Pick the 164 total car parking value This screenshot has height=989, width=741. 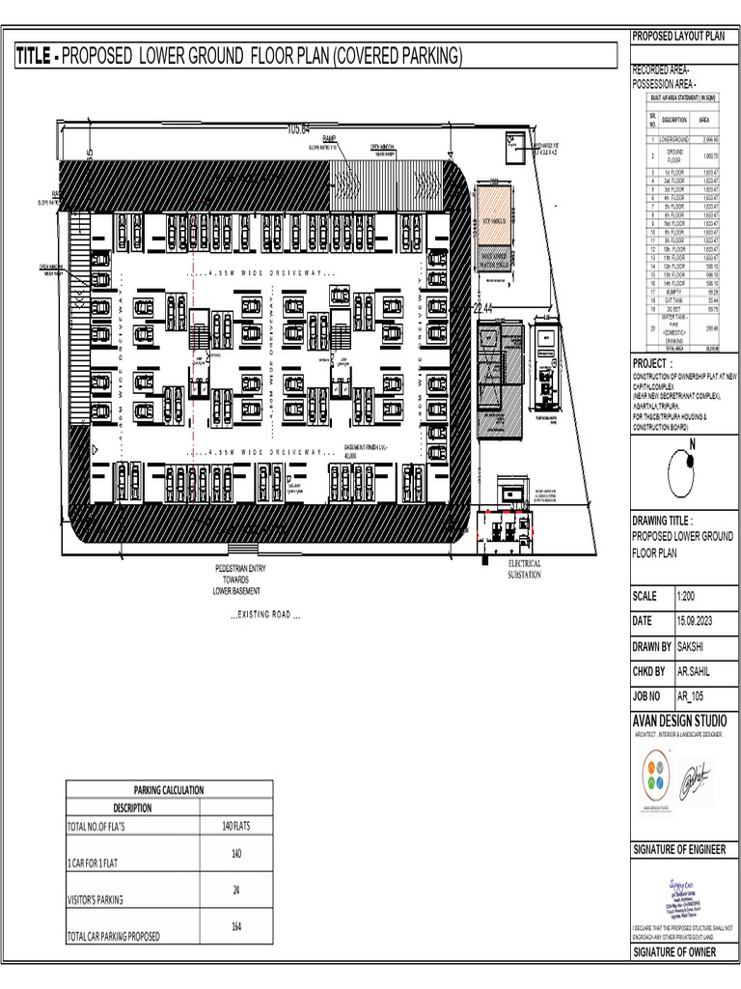[235, 928]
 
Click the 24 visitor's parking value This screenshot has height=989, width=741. [235, 890]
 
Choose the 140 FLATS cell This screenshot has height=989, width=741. [235, 826]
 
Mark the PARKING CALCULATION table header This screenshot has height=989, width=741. [168, 790]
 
